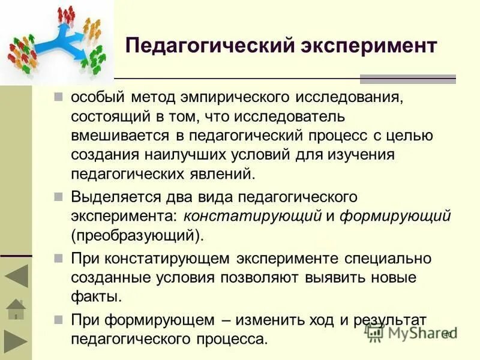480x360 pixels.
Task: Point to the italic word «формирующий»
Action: [395, 216]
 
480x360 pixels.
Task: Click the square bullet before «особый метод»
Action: [58, 97]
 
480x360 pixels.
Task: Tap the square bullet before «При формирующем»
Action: [58, 319]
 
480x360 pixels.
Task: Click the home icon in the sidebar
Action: [16, 309]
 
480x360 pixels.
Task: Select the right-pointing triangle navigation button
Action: [16, 341]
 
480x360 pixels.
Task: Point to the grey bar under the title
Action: [407, 79]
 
